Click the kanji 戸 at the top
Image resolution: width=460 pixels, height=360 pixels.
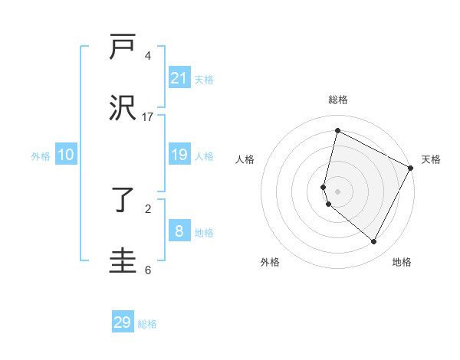[123, 47]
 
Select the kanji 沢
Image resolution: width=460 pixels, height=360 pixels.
[123, 107]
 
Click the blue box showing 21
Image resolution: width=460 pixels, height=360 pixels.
[179, 78]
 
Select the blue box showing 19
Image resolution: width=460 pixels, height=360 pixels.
[179, 155]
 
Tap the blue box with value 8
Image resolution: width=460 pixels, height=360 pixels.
[179, 232]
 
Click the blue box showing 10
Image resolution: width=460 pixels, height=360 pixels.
[66, 155]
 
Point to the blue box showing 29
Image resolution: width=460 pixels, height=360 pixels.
[123, 322]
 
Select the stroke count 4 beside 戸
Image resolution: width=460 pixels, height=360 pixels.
[147, 56]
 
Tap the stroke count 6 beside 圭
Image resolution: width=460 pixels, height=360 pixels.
[147, 270]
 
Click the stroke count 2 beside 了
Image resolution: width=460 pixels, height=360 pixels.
[147, 208]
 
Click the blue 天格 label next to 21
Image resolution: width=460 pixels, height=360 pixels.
[204, 79]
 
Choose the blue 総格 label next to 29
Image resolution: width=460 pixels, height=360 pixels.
[147, 324]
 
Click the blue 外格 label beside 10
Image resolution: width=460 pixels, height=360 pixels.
[41, 156]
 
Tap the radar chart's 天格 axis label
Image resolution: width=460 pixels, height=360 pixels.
[431, 159]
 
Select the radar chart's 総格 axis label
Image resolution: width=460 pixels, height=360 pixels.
[337, 100]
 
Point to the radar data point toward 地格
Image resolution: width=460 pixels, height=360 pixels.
[374, 242]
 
